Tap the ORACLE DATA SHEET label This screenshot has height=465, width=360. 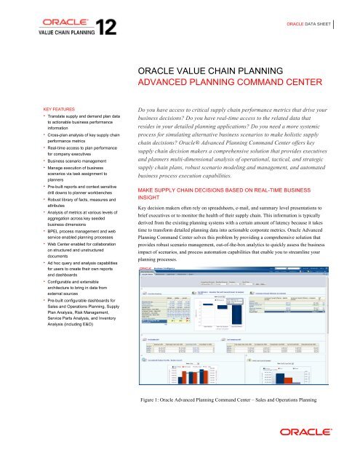[314, 23]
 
